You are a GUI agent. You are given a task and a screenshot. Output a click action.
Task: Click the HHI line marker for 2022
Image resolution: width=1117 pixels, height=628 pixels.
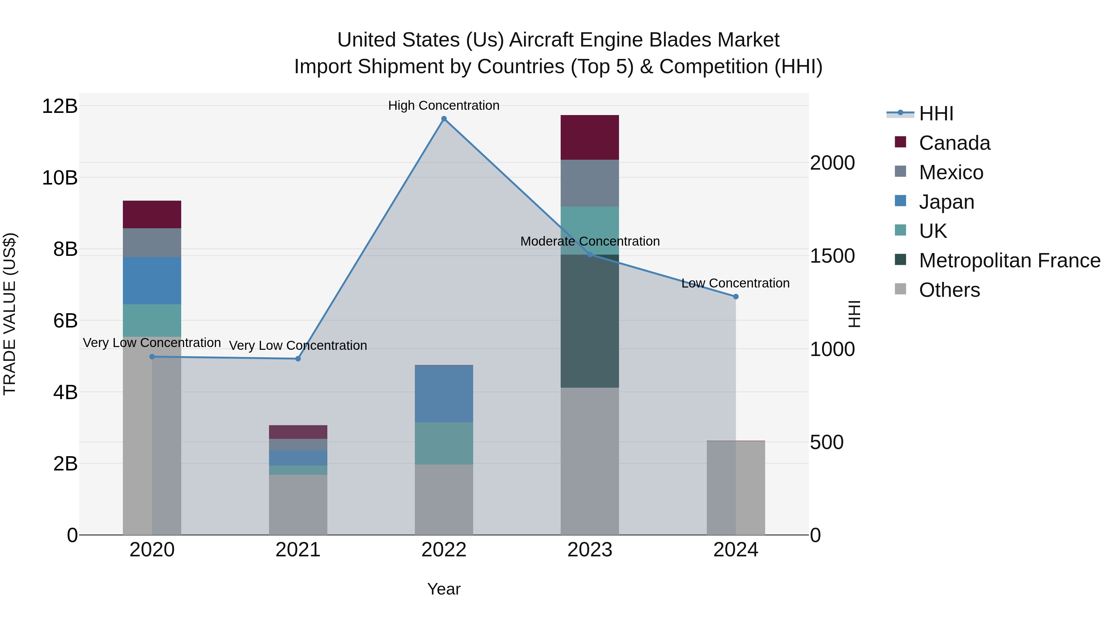(x=444, y=119)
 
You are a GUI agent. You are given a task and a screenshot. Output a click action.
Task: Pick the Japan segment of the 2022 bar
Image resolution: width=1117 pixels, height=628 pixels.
(x=444, y=394)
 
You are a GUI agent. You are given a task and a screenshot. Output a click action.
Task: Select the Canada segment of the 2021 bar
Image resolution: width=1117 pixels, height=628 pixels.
(x=298, y=432)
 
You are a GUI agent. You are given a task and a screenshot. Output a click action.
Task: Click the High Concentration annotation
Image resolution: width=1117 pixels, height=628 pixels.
(x=444, y=105)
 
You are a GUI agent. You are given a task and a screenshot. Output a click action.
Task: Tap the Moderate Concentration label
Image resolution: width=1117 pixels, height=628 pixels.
(x=590, y=241)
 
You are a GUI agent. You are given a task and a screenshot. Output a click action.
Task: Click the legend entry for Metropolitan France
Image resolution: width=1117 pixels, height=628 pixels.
(x=1009, y=261)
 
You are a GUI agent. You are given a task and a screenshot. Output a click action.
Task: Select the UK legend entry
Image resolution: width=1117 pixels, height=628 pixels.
(x=933, y=231)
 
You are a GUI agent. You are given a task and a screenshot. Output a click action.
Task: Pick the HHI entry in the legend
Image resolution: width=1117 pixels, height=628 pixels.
(x=936, y=114)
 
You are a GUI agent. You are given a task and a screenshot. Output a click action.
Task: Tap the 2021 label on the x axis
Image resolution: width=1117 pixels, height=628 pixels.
(x=298, y=550)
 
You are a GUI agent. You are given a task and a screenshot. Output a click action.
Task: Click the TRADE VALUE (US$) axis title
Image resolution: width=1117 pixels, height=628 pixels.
(x=10, y=314)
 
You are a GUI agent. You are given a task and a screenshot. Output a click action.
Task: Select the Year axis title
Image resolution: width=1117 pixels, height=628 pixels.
(x=444, y=589)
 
